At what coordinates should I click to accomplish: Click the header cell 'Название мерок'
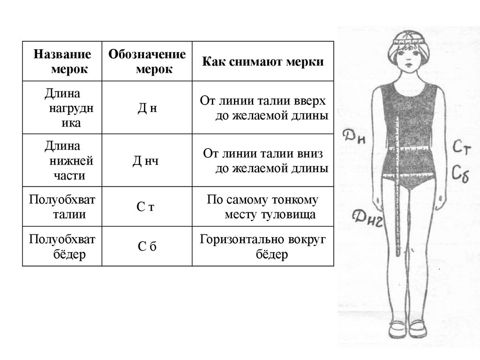62,61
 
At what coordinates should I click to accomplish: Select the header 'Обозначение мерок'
147,61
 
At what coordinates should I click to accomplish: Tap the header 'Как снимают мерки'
263,62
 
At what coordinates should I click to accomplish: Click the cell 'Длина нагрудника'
63,107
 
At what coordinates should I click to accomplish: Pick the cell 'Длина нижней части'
63,161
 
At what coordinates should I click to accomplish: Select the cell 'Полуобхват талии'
63,207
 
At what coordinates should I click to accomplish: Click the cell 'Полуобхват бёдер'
63,247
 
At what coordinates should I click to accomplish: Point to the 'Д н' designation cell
147,108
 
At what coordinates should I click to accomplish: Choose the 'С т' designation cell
146,208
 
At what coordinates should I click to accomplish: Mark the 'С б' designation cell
147,247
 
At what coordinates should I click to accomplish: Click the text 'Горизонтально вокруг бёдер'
263,247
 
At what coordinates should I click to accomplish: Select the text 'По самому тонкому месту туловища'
263,207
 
